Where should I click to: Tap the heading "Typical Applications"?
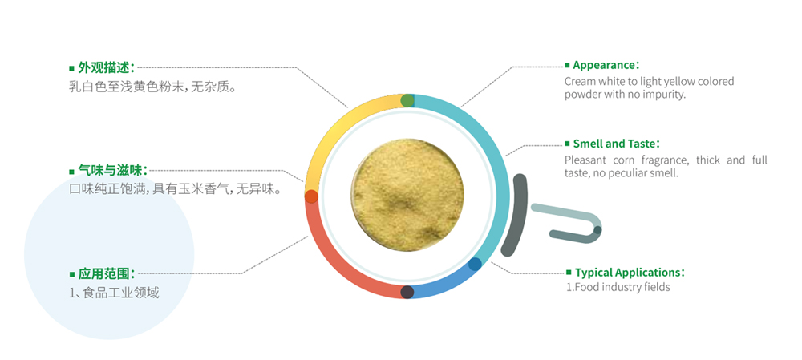pos(630,273)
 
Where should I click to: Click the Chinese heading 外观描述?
pos(107,67)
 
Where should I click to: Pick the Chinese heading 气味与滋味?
pos(113,170)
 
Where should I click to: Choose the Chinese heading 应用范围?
pos(107,273)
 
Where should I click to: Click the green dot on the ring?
pos(407,100)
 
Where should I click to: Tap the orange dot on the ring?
pos(311,196)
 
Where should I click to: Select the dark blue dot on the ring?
pos(475,264)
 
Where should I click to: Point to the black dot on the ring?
pos(407,292)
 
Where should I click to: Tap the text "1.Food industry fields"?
pos(618,287)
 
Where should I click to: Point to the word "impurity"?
pos(664,95)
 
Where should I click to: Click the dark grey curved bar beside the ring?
pos(516,215)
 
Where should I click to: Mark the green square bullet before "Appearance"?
pos(567,66)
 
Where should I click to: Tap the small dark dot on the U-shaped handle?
pos(597,230)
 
